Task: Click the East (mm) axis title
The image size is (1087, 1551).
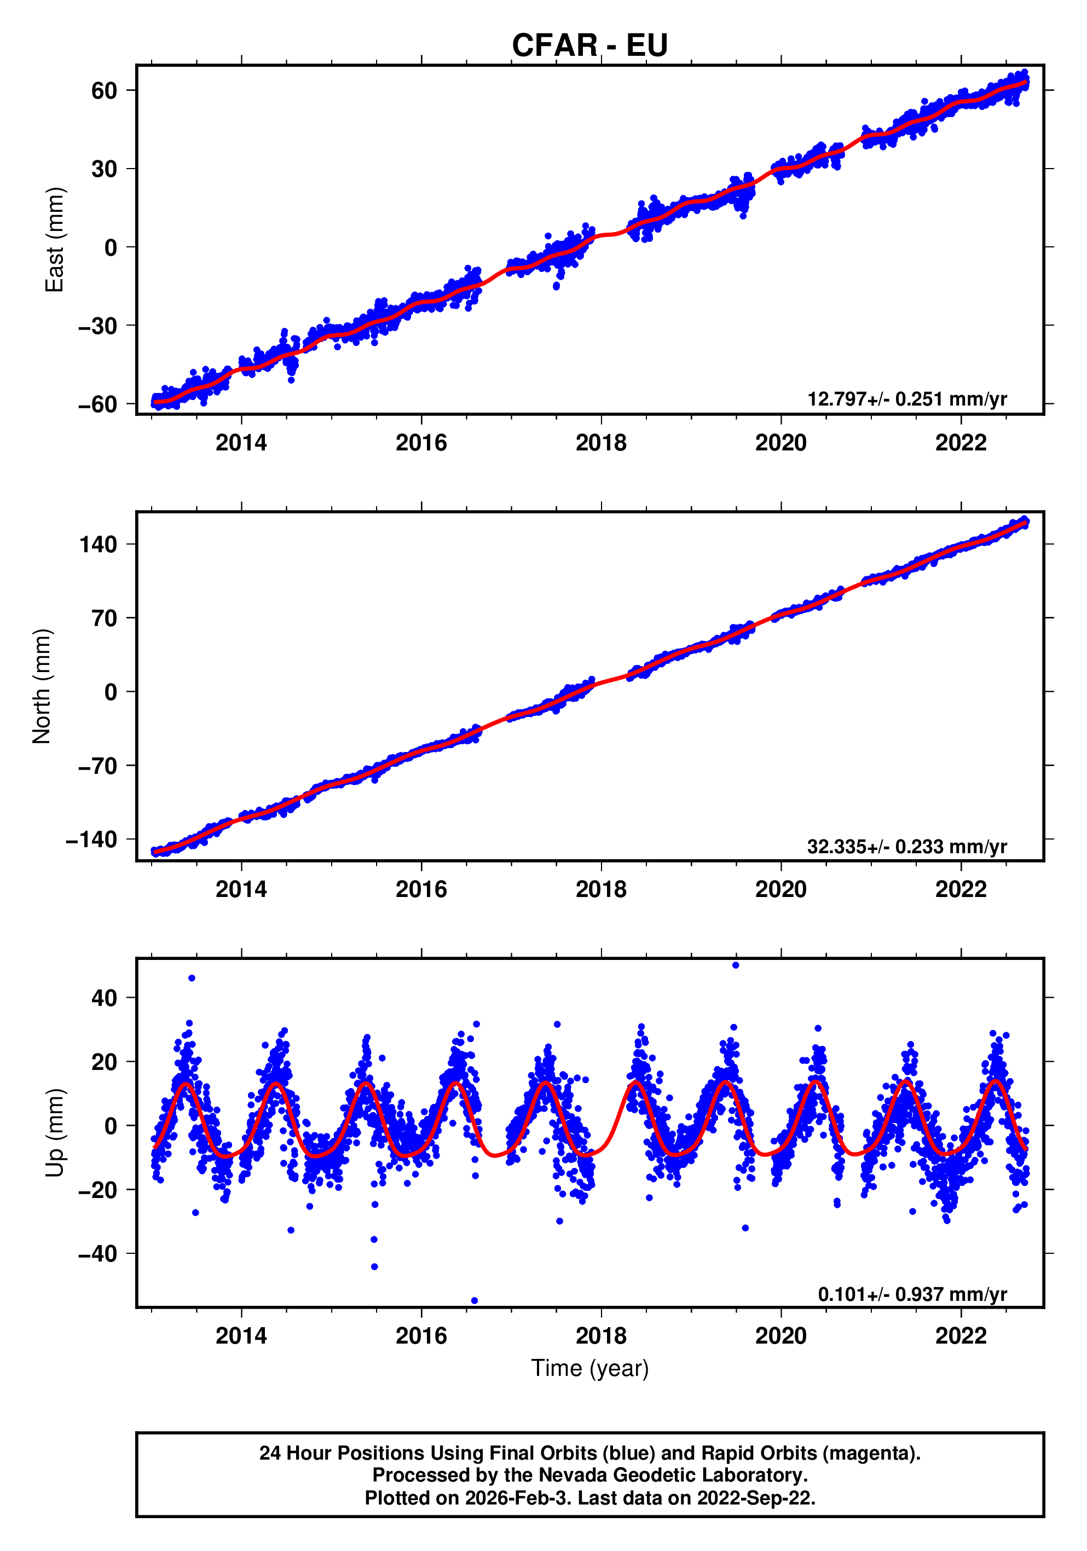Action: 54,240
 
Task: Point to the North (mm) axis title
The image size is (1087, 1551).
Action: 42,686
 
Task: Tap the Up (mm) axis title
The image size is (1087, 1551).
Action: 54,1133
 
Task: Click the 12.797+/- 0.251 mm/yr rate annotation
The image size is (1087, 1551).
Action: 906,399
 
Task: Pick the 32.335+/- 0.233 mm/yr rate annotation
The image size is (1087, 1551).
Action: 906,847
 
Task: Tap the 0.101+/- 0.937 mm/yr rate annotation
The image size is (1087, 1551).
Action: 912,1294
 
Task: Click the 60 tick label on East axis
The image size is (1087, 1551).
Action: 104,90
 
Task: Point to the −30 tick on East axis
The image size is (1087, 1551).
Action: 98,326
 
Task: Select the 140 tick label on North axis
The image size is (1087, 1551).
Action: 98,544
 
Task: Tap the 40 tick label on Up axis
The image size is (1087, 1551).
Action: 104,998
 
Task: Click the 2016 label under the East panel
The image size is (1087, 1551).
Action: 421,443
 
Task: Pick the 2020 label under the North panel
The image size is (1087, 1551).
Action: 780,890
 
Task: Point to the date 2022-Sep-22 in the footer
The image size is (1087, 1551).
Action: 755,1497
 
